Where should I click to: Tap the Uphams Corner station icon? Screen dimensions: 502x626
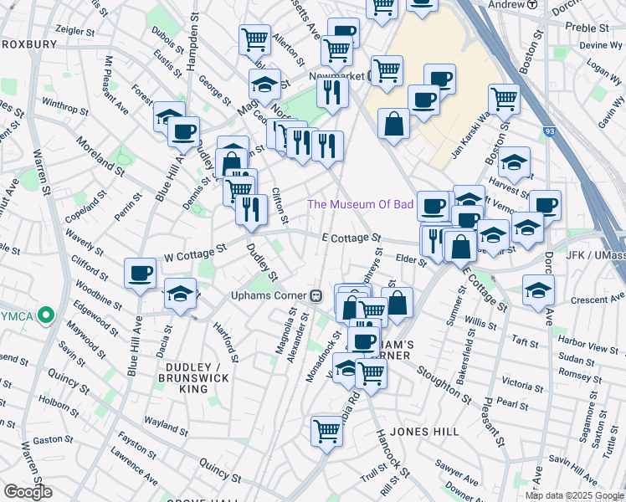click(316, 295)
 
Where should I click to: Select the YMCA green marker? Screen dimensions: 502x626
click(47, 316)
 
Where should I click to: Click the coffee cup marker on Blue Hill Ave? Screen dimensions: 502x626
click(140, 273)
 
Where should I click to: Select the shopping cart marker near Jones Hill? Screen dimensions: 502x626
click(326, 432)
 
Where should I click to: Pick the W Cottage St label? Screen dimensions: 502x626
click(195, 248)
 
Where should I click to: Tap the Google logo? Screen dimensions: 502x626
click(28, 492)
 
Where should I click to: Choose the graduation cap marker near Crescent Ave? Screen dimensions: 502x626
click(538, 290)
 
